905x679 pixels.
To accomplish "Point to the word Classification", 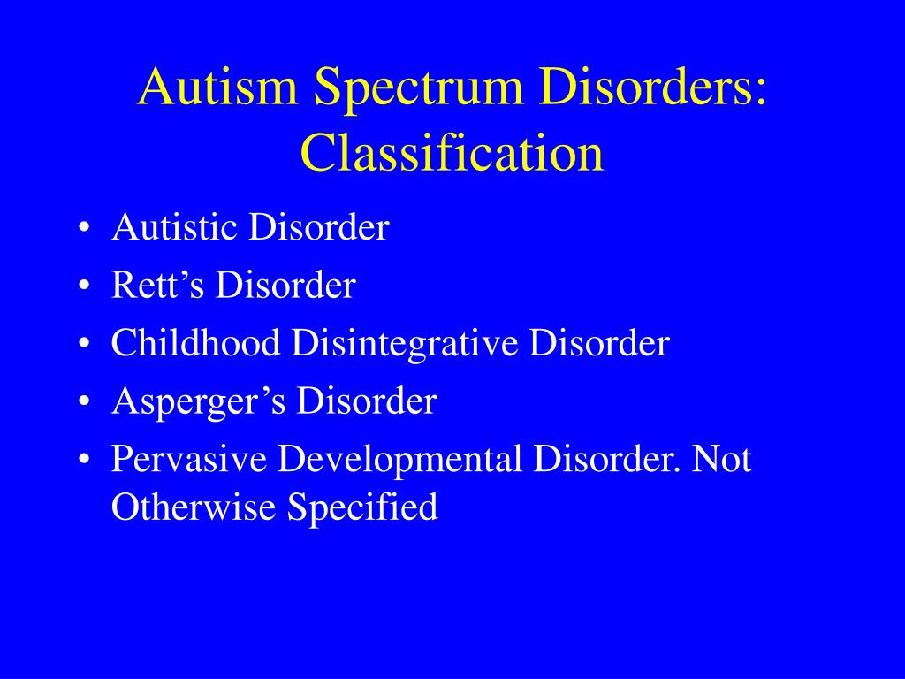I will pos(452,153).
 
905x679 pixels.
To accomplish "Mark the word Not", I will pos(722,460).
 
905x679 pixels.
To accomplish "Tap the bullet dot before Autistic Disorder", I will pos(83,230).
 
